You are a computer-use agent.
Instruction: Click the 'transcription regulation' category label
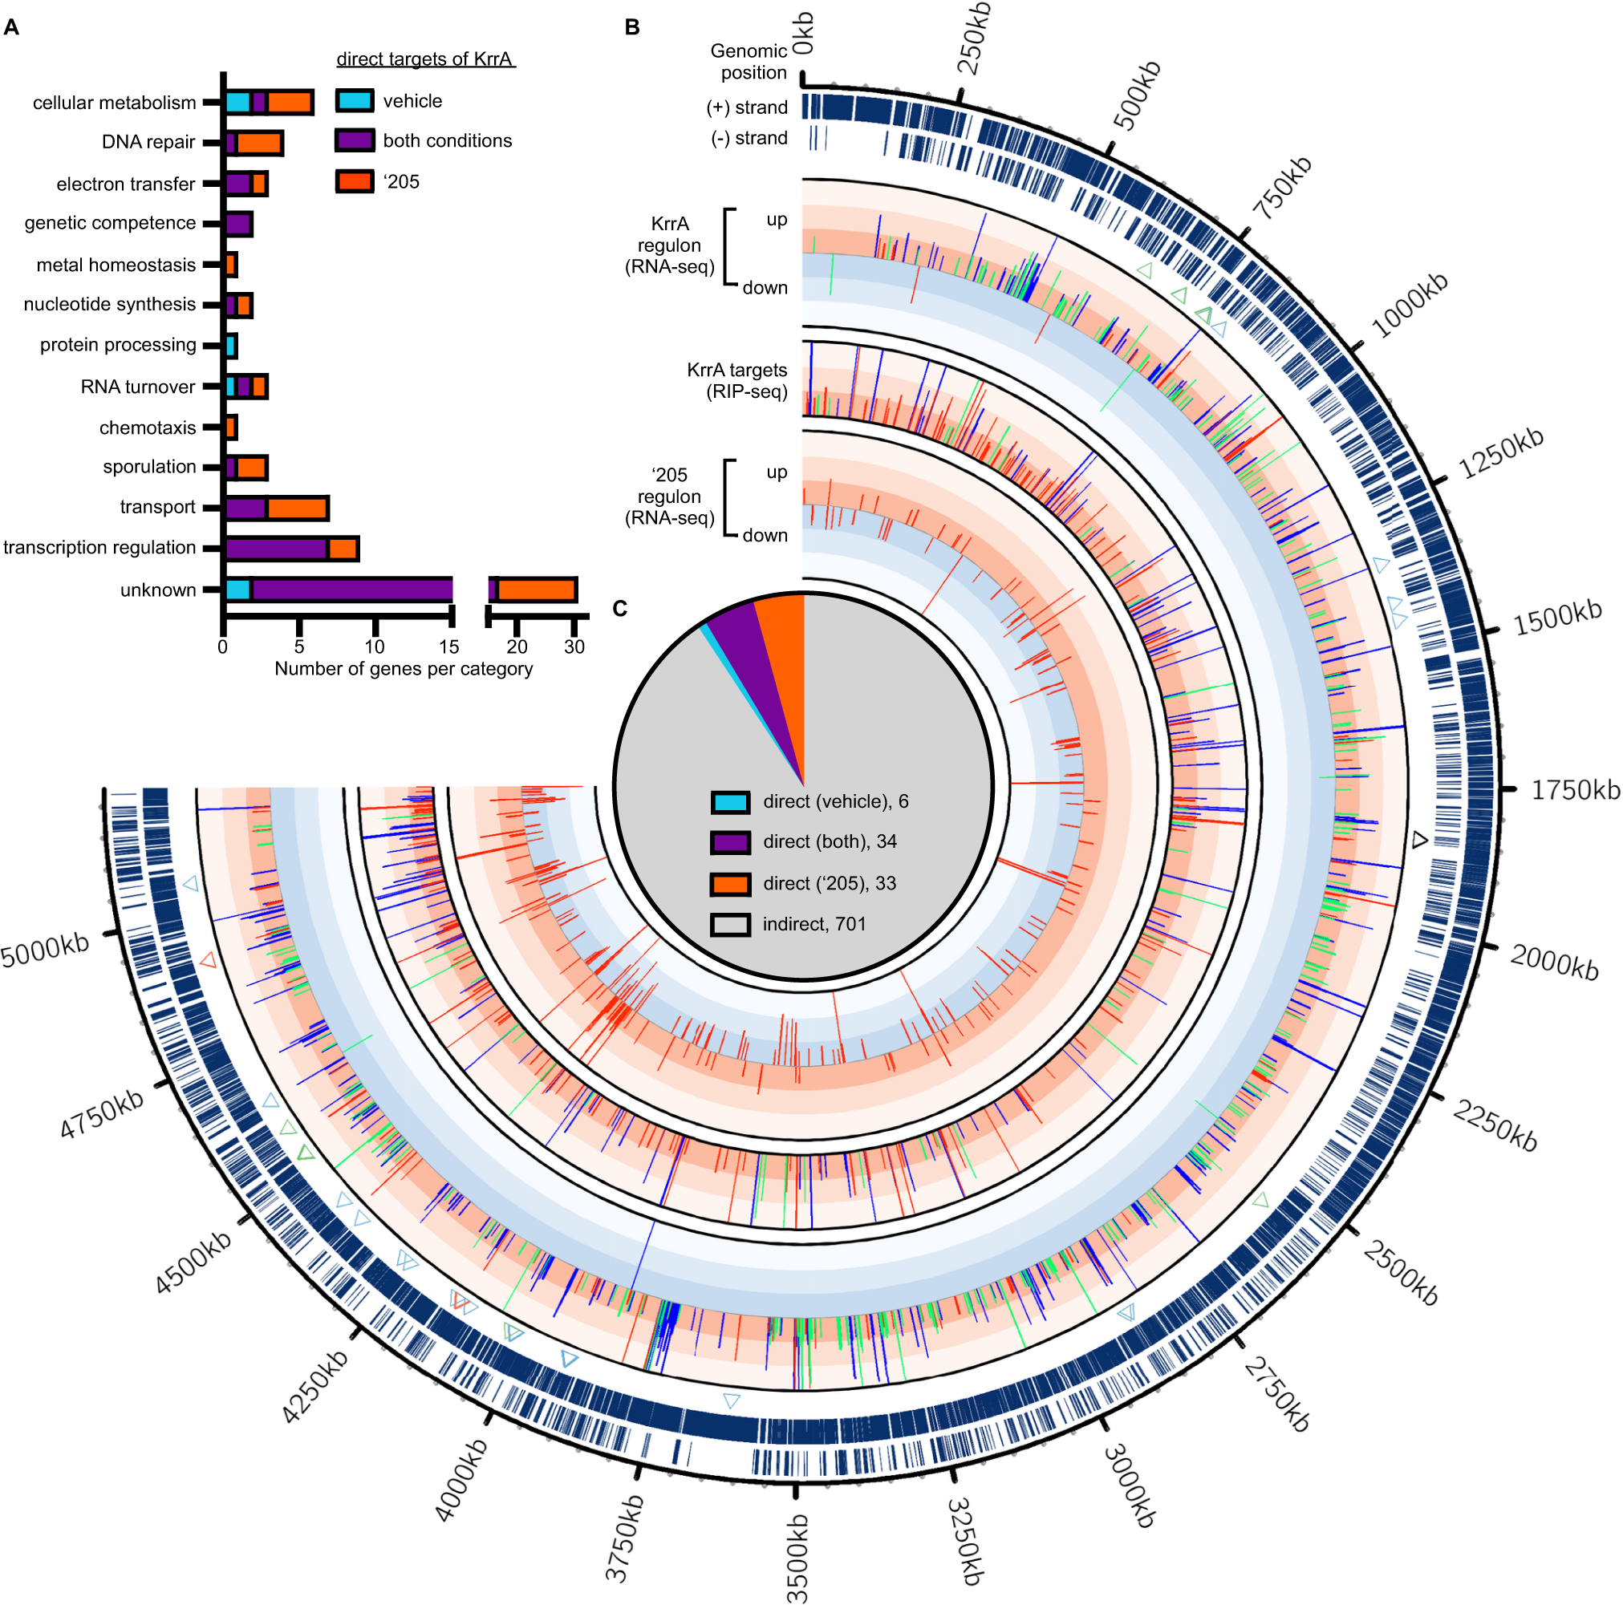coord(99,548)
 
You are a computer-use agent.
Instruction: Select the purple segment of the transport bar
coord(245,508)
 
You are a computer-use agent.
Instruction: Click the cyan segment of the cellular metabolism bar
coord(237,103)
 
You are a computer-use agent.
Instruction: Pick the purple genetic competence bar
coord(238,225)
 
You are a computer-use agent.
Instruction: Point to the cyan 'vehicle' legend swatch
coord(355,101)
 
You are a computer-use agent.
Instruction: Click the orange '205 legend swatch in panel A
coord(355,181)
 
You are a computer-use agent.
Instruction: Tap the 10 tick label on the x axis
coord(374,646)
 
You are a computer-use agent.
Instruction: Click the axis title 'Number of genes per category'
coord(404,668)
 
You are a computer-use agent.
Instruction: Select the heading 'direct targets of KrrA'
coord(424,59)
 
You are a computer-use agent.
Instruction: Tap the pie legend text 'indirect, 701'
coord(814,924)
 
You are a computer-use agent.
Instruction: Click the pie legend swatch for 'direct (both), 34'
coord(730,841)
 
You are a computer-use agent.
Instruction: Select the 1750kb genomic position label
coord(1575,790)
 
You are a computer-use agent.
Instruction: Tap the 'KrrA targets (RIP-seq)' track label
coord(736,380)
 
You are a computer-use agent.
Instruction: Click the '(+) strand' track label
coord(747,107)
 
